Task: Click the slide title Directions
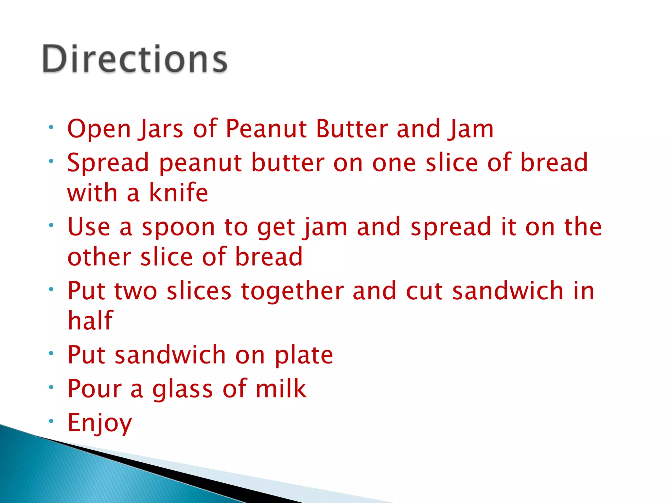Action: point(134,59)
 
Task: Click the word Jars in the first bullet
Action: point(161,129)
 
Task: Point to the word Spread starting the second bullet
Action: point(108,163)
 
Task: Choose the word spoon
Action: point(178,228)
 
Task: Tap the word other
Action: point(99,257)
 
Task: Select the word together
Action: point(292,291)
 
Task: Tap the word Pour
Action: point(94,389)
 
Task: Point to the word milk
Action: point(281,388)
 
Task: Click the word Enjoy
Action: point(99,423)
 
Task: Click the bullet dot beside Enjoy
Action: point(51,421)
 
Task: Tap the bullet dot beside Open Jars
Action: point(51,127)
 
